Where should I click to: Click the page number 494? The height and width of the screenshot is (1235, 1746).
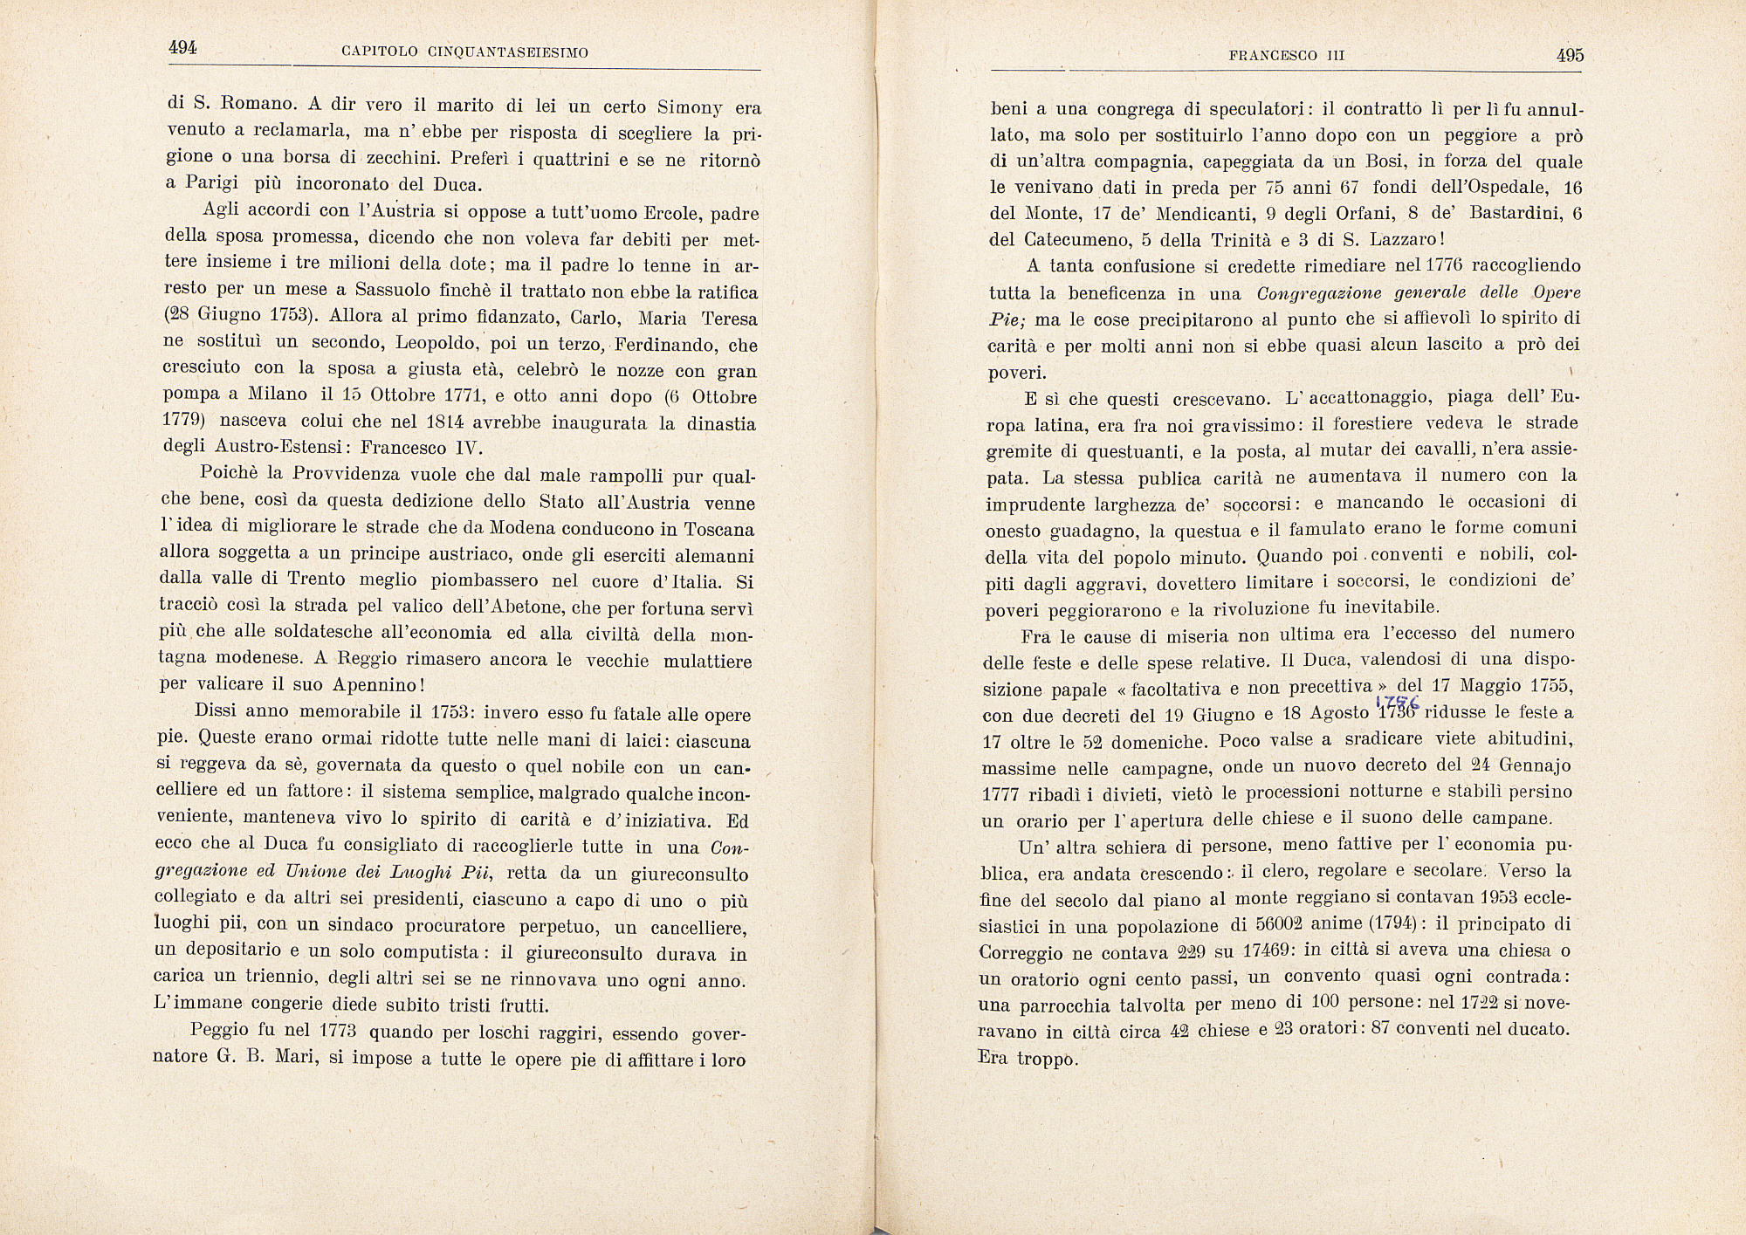click(x=182, y=49)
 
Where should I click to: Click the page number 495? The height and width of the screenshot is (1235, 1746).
click(x=1569, y=55)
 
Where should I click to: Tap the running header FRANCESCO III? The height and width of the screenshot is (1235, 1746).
click(x=1286, y=55)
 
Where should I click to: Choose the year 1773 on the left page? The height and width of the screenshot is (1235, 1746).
click(x=338, y=1031)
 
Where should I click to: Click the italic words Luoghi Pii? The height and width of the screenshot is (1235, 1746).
click(x=438, y=873)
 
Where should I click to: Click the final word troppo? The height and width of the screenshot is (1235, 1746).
click(x=1045, y=1059)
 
